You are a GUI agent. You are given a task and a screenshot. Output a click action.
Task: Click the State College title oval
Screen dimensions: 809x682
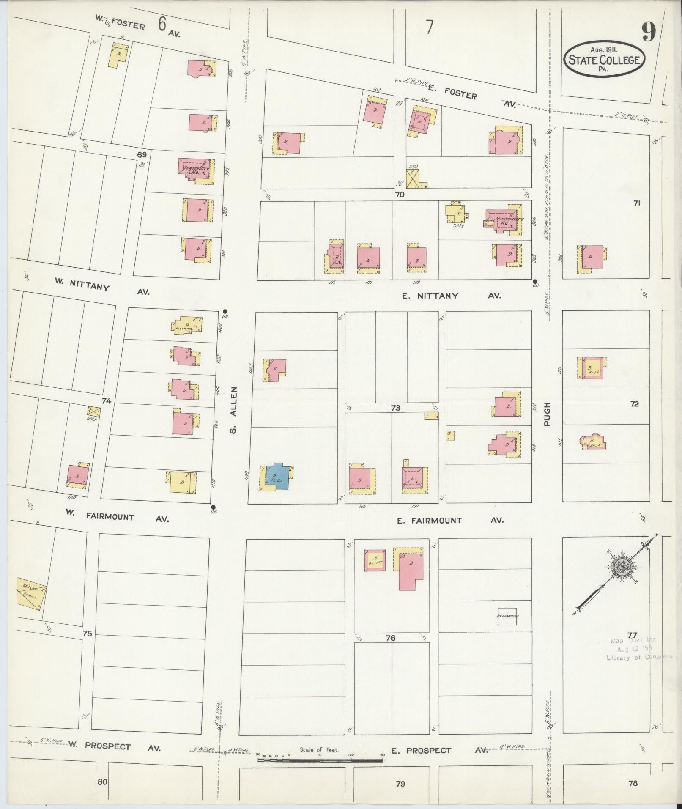603,59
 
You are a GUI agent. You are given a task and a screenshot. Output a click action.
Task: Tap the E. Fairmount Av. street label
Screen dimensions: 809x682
450,520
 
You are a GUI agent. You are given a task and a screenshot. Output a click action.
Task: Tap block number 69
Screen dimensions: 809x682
142,155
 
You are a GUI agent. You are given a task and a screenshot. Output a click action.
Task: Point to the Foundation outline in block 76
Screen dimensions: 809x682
507,616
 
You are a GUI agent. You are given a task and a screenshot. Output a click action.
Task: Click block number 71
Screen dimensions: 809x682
636,203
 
